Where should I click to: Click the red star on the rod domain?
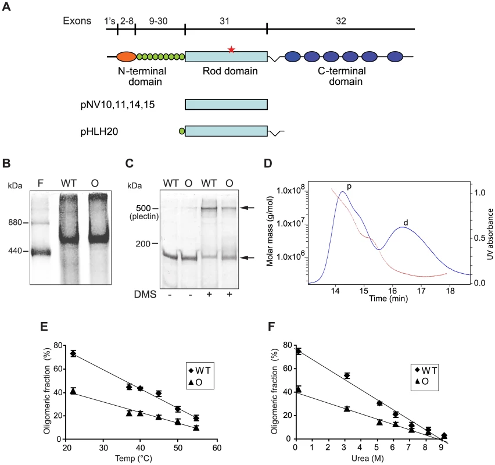pos(231,49)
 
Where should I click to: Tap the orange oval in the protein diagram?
pos(126,57)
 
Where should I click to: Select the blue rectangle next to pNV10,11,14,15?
pos(227,104)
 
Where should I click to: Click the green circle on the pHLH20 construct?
pos(181,131)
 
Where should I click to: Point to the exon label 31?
pos(224,21)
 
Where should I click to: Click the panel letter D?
pos(268,163)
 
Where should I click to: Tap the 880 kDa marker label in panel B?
pos(15,223)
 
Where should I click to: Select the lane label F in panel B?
pos(41,183)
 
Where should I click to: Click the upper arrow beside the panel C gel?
pos(247,208)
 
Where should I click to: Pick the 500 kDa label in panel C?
pos(144,208)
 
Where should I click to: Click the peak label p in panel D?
pos(349,187)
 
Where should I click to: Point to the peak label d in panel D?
pos(406,223)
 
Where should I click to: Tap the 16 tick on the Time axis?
pos(393,290)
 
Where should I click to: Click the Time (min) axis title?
pos(389,299)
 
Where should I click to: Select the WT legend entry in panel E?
pos(199,371)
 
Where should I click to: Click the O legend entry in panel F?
pos(422,382)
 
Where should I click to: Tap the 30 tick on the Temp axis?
pos(103,448)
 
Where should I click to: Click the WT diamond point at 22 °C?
pos(73,353)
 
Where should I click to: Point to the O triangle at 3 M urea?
pos(347,409)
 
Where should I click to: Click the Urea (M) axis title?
pos(368,458)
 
